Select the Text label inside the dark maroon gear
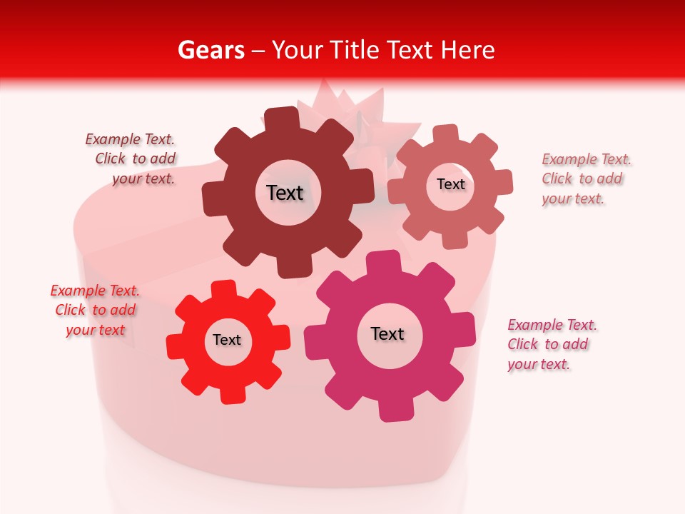(x=285, y=193)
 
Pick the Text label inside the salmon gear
(x=450, y=184)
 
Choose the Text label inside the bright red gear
(x=227, y=340)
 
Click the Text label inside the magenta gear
(x=387, y=333)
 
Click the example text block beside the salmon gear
(x=586, y=178)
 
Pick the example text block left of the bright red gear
(x=95, y=310)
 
